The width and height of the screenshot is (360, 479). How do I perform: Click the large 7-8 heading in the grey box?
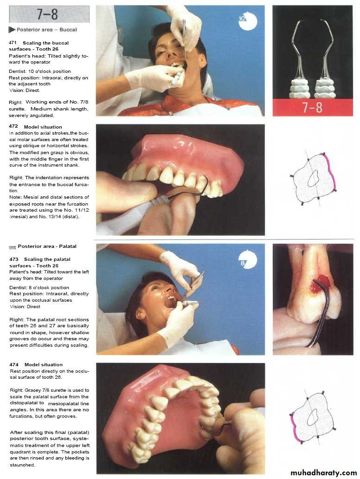coord(47,14)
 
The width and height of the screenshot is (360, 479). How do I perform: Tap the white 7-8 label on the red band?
coord(312,108)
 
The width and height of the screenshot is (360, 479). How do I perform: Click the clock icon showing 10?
coord(247,21)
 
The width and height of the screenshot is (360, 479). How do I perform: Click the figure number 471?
coord(13,43)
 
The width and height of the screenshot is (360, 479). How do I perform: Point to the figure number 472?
coord(13,126)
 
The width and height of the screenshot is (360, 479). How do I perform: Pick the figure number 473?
coord(14,259)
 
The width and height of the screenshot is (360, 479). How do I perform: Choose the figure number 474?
coord(14,364)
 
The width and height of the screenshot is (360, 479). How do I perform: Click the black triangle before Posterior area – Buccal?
coord(12,30)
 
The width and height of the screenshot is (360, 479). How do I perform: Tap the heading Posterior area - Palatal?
coord(47,246)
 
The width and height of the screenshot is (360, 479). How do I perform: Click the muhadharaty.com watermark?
coord(324,473)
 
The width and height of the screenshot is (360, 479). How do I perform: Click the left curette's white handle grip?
coord(299,88)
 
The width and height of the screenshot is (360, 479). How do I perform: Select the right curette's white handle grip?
coord(325,88)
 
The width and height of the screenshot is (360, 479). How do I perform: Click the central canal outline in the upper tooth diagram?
coord(313,178)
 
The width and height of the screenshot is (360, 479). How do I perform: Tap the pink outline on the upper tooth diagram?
coord(331,171)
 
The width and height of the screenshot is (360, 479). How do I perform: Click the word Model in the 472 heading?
coord(31,127)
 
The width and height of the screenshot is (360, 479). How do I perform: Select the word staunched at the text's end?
coord(22,465)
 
